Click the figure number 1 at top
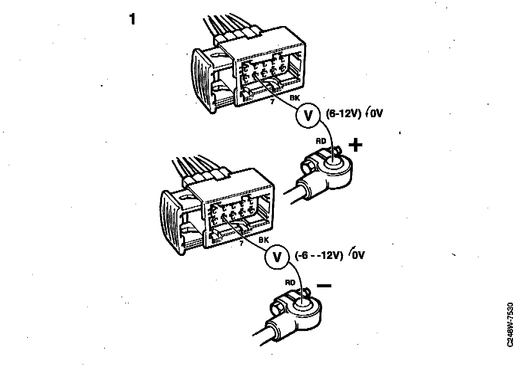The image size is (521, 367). pos(133,19)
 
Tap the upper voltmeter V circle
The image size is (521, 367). pos(308,115)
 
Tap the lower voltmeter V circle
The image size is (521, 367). pos(277,256)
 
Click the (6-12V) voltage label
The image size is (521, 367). pos(344,113)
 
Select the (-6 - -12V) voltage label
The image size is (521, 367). pos(319,255)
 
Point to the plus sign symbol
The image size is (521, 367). pos(356,145)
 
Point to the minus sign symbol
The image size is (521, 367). pos(324,285)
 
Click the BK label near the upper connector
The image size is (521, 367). pos(295,98)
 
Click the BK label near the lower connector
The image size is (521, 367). pos(264,240)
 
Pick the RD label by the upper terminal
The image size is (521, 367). pos(321,141)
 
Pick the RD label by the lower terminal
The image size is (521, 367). pos(290,283)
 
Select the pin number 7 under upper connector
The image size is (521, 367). pos(272,102)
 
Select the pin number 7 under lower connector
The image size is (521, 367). pos(241,244)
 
